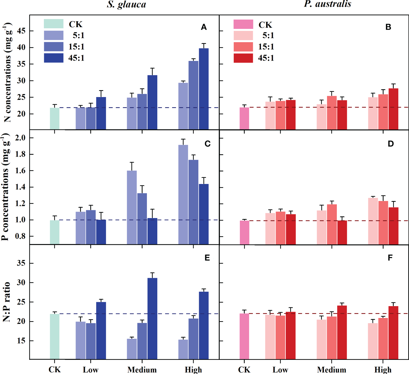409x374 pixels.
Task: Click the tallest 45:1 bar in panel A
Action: pos(203,89)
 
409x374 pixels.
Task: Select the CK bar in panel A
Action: pos(55,118)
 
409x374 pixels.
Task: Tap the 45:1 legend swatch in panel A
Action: pos(53,58)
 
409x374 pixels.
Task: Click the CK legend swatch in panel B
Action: pos(243,24)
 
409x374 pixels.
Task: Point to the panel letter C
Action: pos(207,144)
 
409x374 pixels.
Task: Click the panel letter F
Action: pos(390,258)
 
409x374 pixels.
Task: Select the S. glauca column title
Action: pos(126,4)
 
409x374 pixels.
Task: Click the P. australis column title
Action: pos(327,4)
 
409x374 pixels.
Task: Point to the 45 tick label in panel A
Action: pos(21,31)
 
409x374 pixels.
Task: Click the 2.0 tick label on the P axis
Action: pos(20,138)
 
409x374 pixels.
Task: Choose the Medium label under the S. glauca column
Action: pos(142,370)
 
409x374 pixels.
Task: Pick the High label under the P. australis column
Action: pos(383,370)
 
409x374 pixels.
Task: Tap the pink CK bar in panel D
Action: pos(244,232)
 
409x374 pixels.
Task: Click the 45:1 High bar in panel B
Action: pos(393,109)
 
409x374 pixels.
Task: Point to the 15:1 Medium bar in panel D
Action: pos(332,224)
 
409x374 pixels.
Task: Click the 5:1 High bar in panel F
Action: pos(373,341)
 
